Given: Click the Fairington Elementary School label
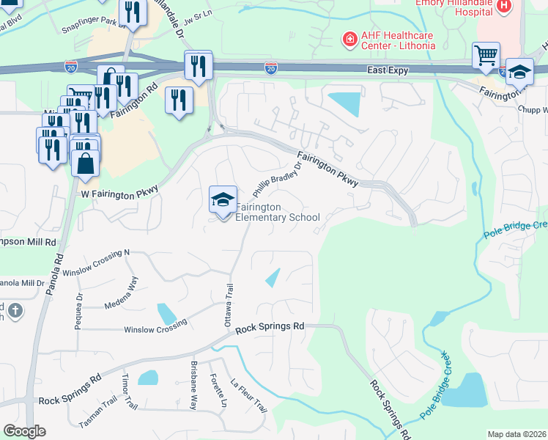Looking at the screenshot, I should pos(277,212).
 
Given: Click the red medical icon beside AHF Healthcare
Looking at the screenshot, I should pos(349,37).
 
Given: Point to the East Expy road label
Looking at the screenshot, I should pos(392,69).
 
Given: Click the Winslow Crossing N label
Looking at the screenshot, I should pos(96,263).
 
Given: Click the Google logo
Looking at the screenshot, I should pos(24,431).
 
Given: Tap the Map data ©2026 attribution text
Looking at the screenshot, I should pos(516,434).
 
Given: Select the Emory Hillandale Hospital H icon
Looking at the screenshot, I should pos(503,7).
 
